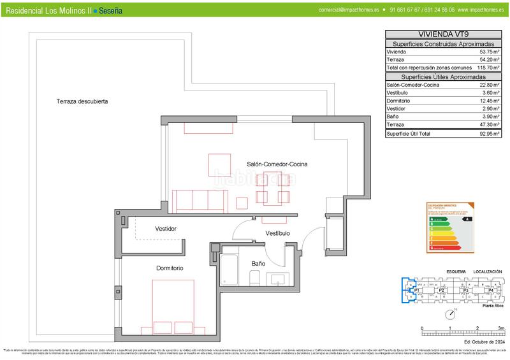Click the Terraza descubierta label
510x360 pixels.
pyautogui.click(x=82, y=101)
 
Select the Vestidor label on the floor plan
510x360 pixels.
pyautogui.click(x=166, y=229)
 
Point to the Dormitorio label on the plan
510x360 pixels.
pyautogui.click(x=170, y=268)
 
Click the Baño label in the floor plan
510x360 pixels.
pyautogui.click(x=258, y=263)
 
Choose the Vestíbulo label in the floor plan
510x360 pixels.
pyautogui.click(x=278, y=233)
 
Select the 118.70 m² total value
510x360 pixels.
pyautogui.click(x=488, y=67)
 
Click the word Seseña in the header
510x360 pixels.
pyautogui.click(x=111, y=11)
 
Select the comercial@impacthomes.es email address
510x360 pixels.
pyautogui.click(x=349, y=11)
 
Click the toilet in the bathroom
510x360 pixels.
pyautogui.click(x=254, y=277)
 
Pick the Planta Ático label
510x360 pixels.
pyautogui.click(x=492, y=307)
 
